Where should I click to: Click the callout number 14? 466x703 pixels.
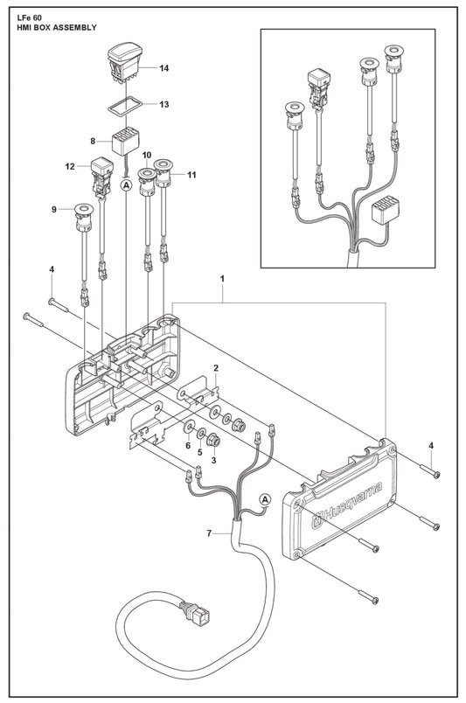coord(163,68)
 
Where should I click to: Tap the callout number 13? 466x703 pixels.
coord(163,104)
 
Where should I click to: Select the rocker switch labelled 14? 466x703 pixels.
coord(124,63)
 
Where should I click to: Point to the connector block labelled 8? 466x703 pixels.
coord(125,141)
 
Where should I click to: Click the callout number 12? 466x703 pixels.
coord(70,166)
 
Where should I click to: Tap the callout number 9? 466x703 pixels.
coord(54,209)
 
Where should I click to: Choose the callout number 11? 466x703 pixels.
coord(191,175)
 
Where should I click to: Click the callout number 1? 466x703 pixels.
coord(222,279)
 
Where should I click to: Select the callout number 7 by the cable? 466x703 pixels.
coord(209,533)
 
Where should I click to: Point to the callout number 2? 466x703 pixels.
coord(216,368)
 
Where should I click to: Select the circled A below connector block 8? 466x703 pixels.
coord(127,184)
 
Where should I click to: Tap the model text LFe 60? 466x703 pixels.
coord(25,18)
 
